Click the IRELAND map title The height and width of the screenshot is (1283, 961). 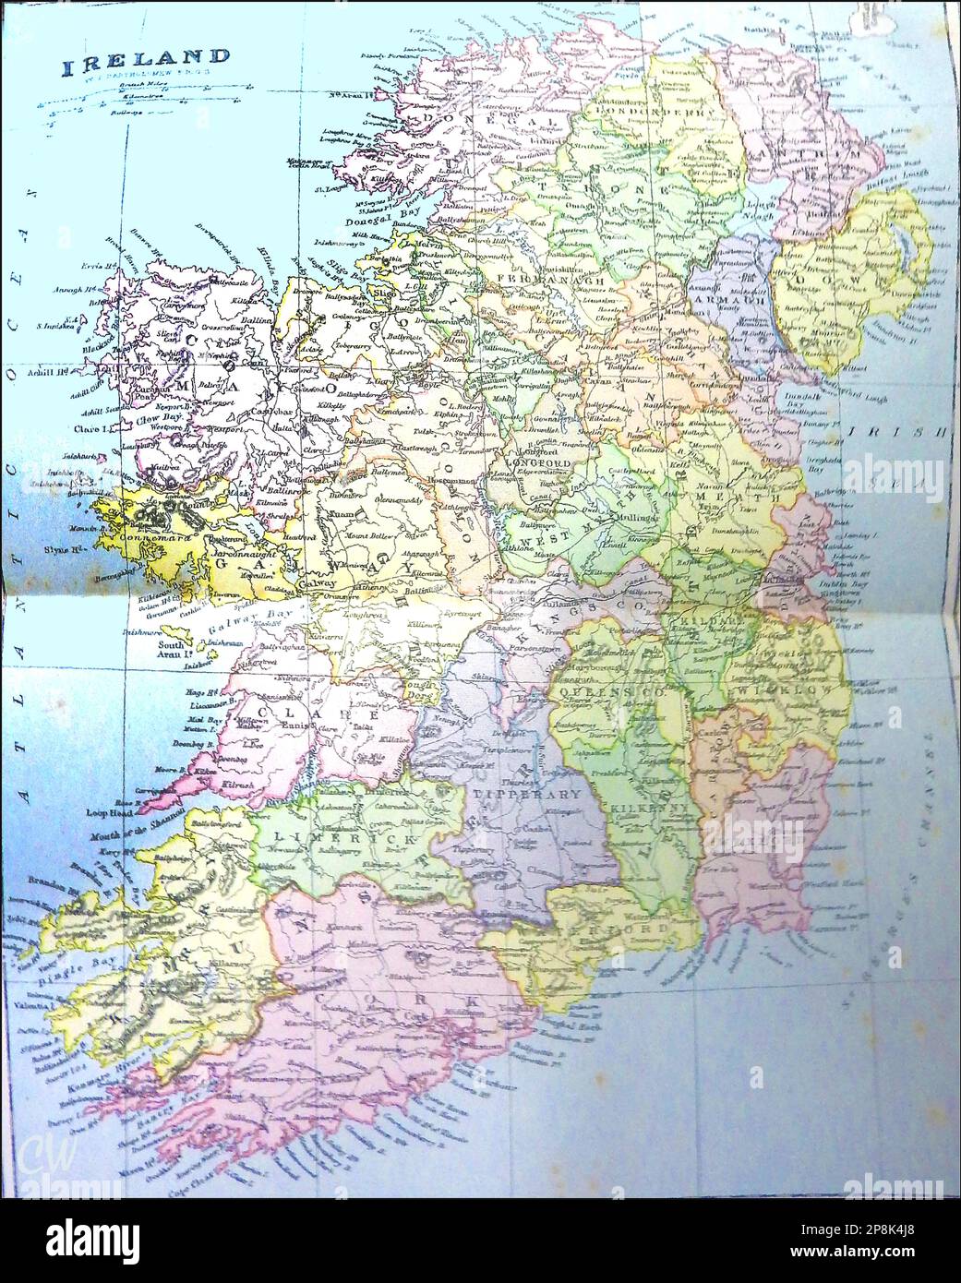point(133,67)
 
